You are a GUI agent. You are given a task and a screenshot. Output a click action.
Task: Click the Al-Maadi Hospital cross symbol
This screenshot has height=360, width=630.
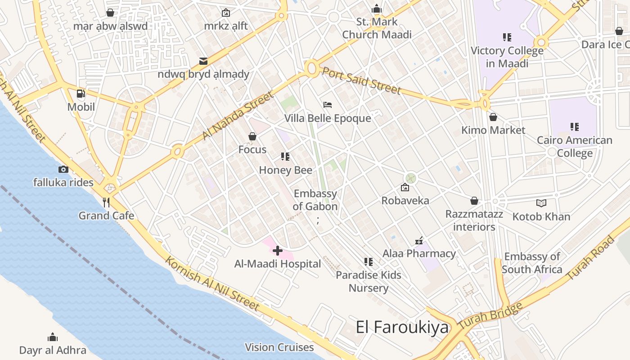(278, 251)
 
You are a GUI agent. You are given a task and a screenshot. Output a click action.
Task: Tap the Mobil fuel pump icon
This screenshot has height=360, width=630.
(81, 94)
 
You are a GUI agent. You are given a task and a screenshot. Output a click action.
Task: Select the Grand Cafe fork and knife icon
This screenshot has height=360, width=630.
(106, 202)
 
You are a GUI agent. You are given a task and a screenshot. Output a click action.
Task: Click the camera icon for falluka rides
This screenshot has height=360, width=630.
(63, 169)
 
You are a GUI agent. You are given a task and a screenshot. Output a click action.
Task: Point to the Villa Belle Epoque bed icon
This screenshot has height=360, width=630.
(328, 105)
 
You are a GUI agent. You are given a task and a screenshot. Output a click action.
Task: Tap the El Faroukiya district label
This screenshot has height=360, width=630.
(402, 327)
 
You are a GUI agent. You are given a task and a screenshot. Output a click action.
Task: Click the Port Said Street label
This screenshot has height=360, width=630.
(361, 81)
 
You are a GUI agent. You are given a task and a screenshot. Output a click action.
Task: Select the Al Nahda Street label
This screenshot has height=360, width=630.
(237, 116)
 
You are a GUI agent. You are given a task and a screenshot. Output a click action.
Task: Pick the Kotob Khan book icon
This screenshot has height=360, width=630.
(541, 203)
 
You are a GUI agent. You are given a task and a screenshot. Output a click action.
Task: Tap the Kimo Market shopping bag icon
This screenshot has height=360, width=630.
(493, 117)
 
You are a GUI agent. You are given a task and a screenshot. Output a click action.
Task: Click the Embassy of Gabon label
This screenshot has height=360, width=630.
(315, 200)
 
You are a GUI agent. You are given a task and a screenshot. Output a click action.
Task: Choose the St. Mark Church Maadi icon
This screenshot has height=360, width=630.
(377, 9)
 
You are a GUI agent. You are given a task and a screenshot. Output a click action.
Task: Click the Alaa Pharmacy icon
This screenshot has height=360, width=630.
(419, 241)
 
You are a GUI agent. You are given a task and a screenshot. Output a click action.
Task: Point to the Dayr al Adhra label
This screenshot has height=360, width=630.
(53, 350)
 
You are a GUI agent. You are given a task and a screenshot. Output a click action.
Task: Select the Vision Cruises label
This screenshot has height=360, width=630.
(279, 347)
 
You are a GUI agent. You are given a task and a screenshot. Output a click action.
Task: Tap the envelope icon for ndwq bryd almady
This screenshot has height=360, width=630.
(203, 61)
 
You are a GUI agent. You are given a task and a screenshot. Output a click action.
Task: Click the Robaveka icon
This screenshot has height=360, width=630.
(405, 187)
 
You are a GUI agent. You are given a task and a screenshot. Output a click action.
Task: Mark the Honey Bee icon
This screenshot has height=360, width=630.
(285, 157)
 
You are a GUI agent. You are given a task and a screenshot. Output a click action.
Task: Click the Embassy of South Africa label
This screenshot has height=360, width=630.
(532, 263)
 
